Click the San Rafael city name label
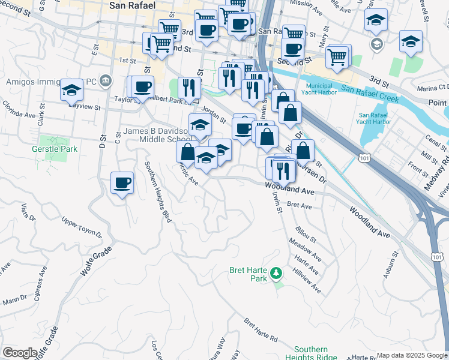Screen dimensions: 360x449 132,5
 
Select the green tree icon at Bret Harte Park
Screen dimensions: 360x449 276,274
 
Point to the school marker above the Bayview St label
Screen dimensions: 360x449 71,90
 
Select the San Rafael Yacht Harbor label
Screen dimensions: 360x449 375,118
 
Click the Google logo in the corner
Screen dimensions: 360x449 20,352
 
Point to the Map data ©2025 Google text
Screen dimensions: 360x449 412,355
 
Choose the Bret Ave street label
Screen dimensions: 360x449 300,205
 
